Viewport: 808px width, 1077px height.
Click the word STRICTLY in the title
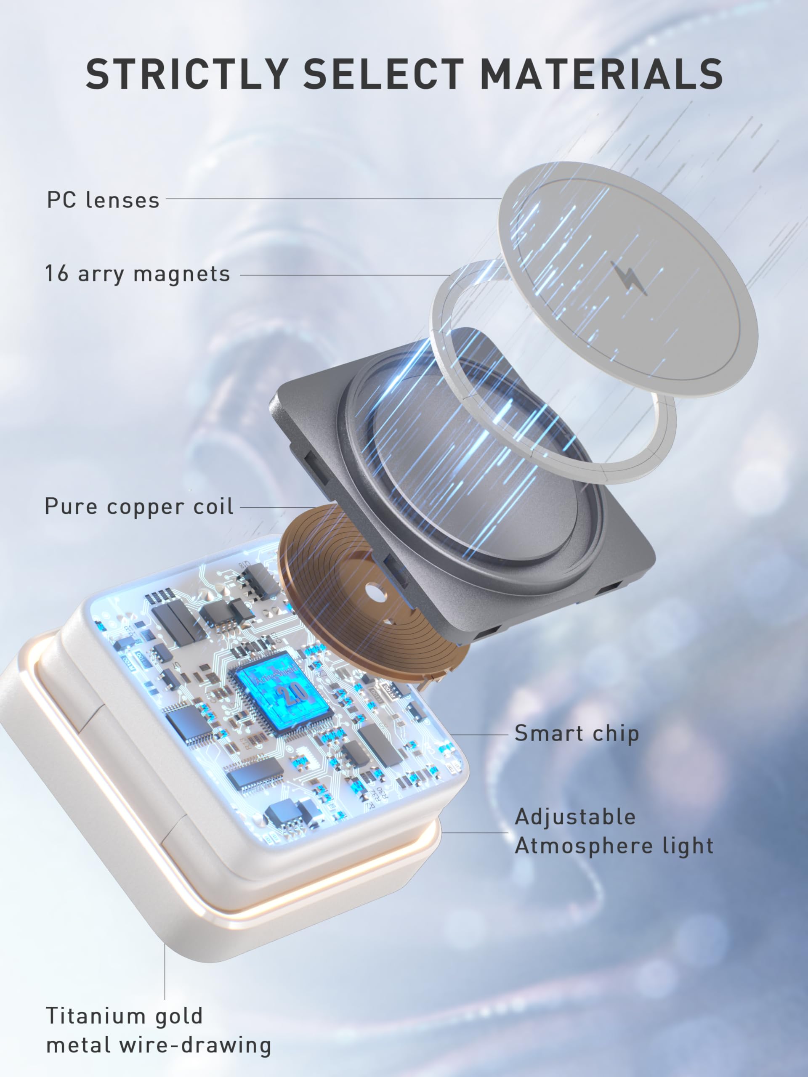186,74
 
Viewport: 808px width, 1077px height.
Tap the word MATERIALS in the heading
601,74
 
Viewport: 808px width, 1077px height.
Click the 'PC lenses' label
103,200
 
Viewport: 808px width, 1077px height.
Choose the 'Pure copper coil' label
139,507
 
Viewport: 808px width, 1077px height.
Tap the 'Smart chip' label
576,733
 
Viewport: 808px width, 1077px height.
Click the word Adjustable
575,817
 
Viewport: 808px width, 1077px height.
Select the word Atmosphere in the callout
584,846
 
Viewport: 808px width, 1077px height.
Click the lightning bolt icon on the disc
629,279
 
